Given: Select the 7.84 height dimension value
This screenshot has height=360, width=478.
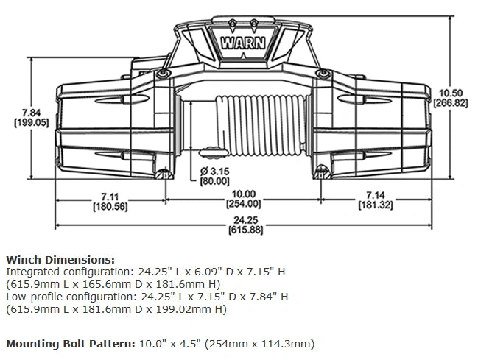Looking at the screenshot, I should click(32, 113).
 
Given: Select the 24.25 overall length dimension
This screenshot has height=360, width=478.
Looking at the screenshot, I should click(242, 219).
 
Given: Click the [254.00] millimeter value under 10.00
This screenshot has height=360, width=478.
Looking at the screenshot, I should click(243, 204).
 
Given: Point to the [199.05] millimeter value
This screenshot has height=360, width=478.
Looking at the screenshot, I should click(32, 123).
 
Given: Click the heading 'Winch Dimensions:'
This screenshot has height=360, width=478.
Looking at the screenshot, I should click(60, 260).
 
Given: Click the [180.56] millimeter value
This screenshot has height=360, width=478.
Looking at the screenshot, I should click(110, 206).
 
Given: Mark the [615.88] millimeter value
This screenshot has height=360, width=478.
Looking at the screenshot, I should click(242, 230).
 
